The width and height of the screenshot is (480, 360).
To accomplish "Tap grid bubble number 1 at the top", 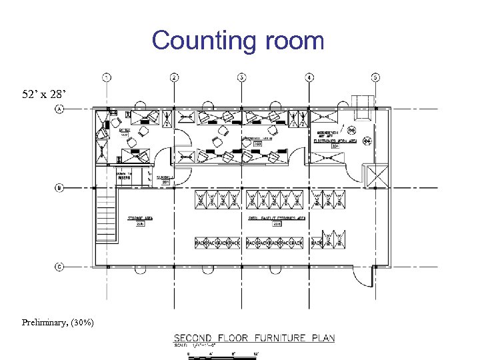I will [107, 77].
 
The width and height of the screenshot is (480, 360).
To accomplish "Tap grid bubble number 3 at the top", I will [242, 77].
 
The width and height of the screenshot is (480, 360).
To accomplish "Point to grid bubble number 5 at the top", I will [376, 77].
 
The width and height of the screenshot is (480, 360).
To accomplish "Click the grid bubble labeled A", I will [60, 109].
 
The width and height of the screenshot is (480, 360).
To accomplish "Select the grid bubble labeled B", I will [60, 188].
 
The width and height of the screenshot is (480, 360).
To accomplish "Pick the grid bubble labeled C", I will [60, 267].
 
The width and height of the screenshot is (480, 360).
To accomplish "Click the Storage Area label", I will [141, 218].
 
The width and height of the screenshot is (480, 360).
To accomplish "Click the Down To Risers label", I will [124, 175].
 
